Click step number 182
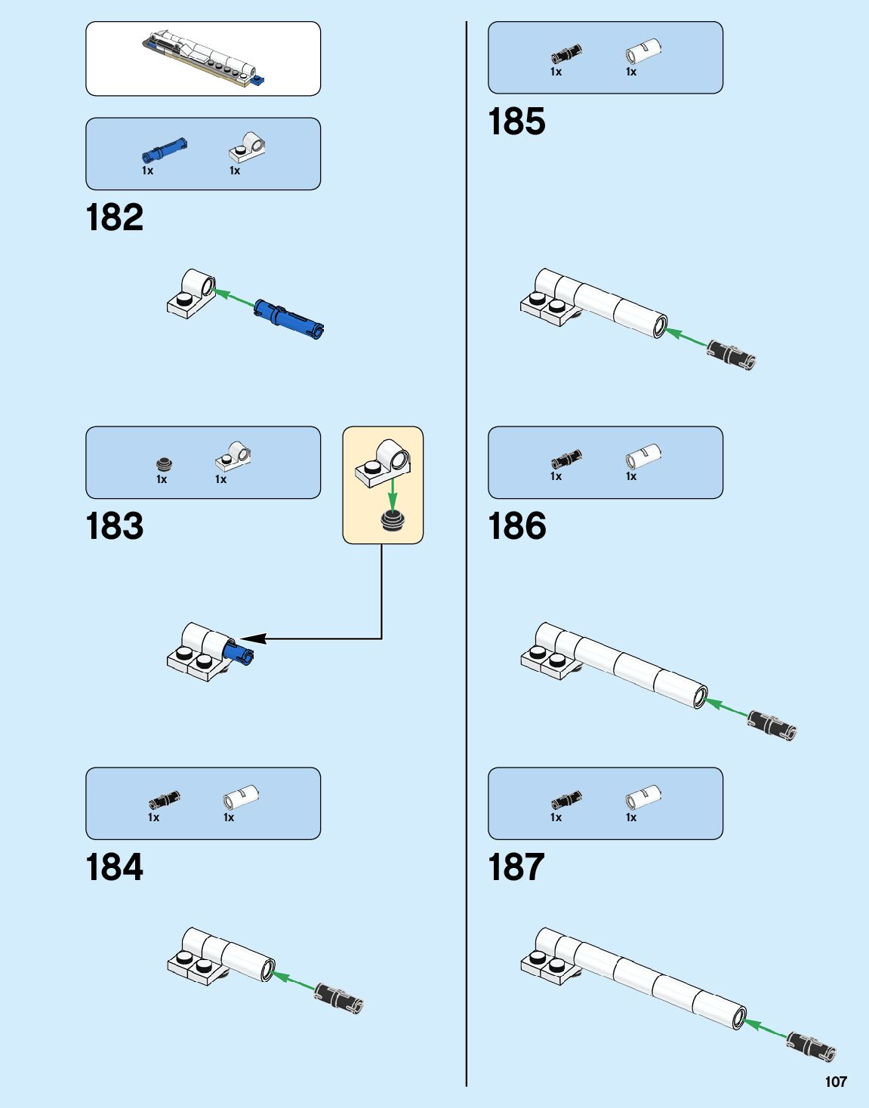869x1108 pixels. click(115, 217)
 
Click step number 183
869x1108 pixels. click(115, 526)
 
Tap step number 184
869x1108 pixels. click(115, 867)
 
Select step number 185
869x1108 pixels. click(517, 122)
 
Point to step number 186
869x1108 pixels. click(517, 526)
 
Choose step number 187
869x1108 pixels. click(517, 867)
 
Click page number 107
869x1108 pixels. click(836, 1082)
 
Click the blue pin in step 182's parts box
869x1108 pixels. click(164, 150)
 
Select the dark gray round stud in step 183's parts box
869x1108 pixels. click(164, 464)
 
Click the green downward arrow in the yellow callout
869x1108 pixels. click(392, 494)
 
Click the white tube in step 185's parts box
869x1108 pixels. click(643, 52)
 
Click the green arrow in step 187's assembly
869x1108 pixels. click(764, 1029)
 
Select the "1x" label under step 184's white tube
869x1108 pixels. click(229, 817)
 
